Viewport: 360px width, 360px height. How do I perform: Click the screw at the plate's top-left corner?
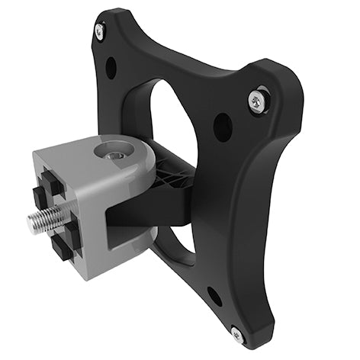point(100,31)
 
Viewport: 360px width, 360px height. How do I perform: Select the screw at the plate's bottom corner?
point(237,333)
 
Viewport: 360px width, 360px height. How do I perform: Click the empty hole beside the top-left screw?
point(111,67)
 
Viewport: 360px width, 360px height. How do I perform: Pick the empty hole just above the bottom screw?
point(214,295)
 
